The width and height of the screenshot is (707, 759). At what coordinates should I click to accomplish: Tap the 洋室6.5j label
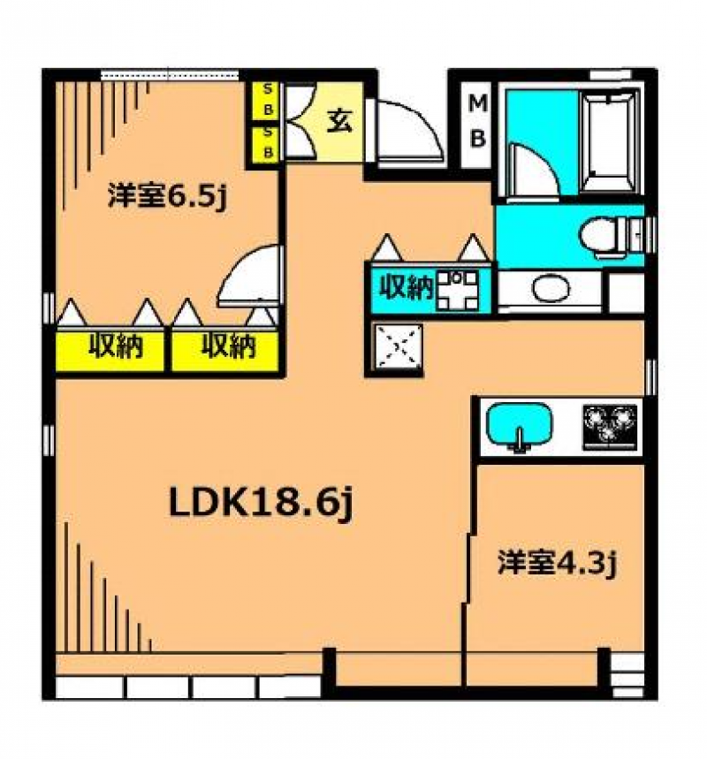[168, 195]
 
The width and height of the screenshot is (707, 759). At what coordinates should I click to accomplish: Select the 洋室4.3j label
[555, 562]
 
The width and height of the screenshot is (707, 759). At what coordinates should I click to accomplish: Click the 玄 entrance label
[339, 121]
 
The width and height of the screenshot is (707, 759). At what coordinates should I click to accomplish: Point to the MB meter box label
[477, 120]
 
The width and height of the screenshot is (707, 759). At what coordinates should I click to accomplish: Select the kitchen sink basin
[520, 425]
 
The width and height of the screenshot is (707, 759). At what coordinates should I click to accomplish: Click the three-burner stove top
[610, 425]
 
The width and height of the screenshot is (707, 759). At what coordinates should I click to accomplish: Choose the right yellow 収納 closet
[226, 346]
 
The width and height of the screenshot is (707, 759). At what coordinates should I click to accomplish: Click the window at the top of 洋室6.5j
[168, 76]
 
